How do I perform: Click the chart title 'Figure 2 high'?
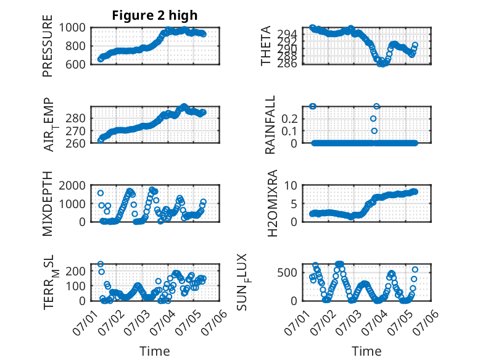155,15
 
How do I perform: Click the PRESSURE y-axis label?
48,46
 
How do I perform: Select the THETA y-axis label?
266,46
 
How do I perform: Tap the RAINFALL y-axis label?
270,125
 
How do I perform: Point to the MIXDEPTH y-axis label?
48,204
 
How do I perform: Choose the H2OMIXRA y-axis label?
272,203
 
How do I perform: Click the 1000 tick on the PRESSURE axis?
72,28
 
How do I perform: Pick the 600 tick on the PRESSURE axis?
76,64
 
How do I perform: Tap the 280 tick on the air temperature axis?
76,119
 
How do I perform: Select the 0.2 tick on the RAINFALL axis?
289,119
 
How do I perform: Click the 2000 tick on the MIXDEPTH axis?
72,185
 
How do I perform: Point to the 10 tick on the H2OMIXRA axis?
291,185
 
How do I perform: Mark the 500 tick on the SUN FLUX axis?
288,272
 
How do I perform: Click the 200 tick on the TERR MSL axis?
76,271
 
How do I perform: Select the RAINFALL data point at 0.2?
373,119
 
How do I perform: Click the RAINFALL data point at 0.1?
374,131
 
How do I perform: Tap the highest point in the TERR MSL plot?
101,264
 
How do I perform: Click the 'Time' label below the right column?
366,351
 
